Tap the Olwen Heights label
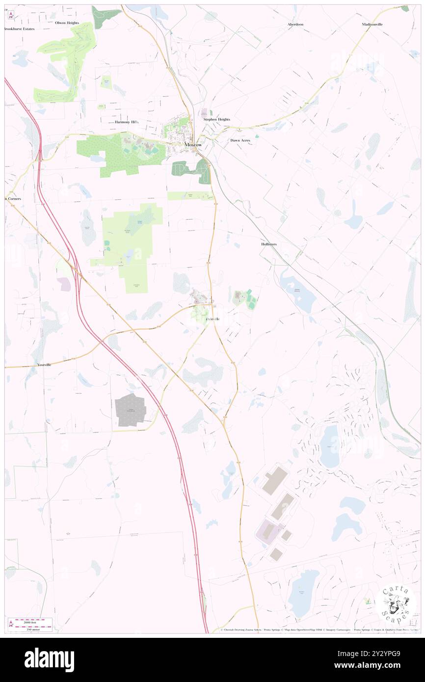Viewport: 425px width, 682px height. [x=67, y=23]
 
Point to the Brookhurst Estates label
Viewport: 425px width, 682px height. [x=19, y=29]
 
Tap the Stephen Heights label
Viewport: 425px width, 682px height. [x=216, y=119]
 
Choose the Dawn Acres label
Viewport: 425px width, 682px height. [x=240, y=140]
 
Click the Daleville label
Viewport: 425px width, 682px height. [x=212, y=319]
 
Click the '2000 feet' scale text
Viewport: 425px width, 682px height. [x=33, y=622]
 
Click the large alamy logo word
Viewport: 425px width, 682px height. [x=49, y=660]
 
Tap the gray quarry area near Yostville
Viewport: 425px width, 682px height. [x=131, y=409]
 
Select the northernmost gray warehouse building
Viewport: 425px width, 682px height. [x=274, y=480]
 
